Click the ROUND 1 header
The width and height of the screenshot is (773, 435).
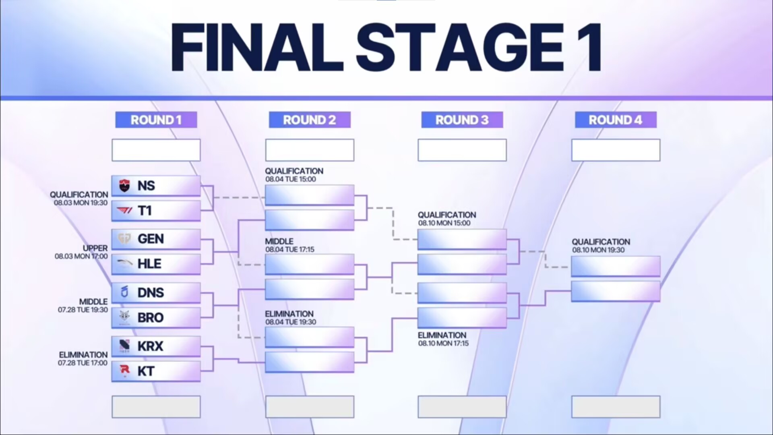156,120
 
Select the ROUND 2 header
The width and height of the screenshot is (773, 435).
310,120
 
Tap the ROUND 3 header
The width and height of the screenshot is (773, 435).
462,120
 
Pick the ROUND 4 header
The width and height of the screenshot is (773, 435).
616,120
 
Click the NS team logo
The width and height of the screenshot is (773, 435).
125,186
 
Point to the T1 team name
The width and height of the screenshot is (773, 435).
145,211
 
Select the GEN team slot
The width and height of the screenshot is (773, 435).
156,239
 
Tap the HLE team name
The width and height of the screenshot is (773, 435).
149,264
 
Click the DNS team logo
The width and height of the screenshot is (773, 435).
125,292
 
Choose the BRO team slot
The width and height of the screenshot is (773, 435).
156,318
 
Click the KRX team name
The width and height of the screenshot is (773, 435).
151,346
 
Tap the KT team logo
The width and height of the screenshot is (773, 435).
125,370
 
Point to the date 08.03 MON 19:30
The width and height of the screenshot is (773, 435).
81,203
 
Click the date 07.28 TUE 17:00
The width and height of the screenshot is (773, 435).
83,363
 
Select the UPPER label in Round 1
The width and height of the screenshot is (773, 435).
95,248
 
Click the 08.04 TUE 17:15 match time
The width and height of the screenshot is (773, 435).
290,250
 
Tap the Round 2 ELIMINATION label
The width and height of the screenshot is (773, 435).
289,314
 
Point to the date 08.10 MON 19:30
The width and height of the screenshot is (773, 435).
598,250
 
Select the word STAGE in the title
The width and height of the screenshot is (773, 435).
459,47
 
